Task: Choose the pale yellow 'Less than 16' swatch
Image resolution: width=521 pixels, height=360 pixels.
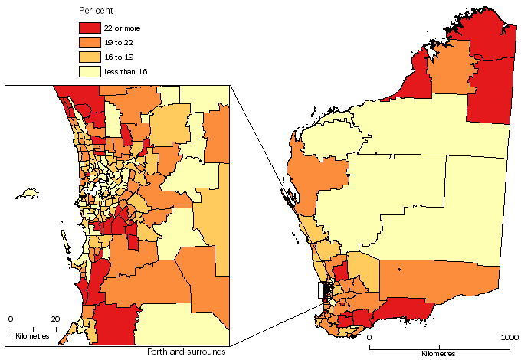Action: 90,70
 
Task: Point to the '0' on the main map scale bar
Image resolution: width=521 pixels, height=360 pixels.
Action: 369,338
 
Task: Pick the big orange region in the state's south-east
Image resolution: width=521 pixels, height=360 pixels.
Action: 429,280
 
